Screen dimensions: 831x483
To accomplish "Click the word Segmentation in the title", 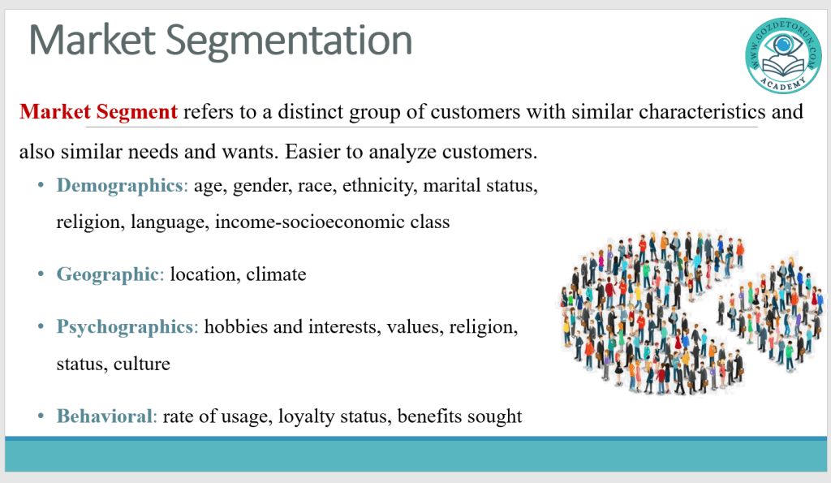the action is [289, 41].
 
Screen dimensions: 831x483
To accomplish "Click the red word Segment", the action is [136, 112].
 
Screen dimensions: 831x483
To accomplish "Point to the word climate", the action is [276, 274].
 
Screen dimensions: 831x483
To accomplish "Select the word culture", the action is [141, 364].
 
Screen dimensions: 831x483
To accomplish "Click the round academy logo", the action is [783, 55].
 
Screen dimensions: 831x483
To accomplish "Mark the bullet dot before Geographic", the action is [41, 274].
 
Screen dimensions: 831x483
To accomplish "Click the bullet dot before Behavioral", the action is [41, 416].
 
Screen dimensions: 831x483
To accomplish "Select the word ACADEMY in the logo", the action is [783, 84].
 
